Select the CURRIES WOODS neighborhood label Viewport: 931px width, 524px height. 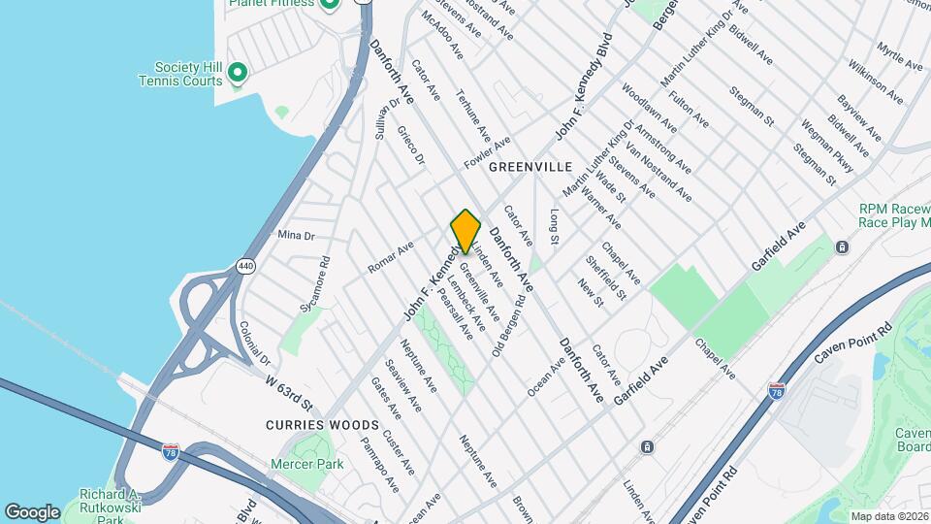pyautogui.click(x=308, y=425)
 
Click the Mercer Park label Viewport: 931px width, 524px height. pyautogui.click(x=317, y=464)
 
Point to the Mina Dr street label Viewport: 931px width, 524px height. pyautogui.click(x=297, y=236)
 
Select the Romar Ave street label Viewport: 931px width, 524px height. pyautogui.click(x=391, y=256)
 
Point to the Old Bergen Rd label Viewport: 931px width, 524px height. pyautogui.click(x=510, y=325)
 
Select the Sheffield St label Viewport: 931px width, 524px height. pyautogui.click(x=605, y=277)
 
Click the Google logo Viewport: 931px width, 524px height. pyautogui.click(x=32, y=511)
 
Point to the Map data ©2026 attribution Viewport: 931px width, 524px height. pyautogui.click(x=889, y=516)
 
